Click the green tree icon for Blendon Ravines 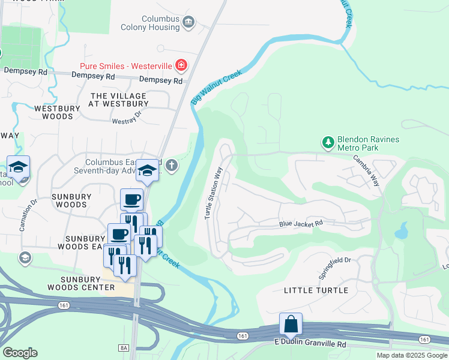[x=328, y=142]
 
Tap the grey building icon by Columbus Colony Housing [x=189, y=23]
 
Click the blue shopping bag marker [x=291, y=324]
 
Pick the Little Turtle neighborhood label [x=315, y=290]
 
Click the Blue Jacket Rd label [x=301, y=224]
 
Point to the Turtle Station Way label [x=209, y=193]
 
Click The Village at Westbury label [x=118, y=100]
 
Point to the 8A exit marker [x=124, y=347]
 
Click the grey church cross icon [x=172, y=166]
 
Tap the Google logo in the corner [x=20, y=353]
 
